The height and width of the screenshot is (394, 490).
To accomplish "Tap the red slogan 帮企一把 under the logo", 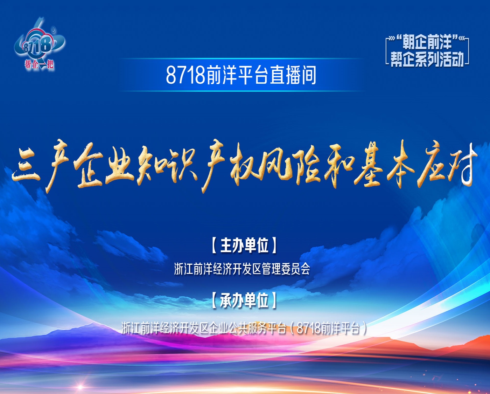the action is [39, 64].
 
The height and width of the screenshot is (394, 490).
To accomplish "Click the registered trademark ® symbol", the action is [53, 30].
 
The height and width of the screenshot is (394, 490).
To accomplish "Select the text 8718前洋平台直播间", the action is [241, 75].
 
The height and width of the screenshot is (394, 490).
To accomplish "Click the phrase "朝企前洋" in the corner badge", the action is [427, 43].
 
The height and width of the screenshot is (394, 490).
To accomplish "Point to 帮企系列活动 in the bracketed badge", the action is [427, 59].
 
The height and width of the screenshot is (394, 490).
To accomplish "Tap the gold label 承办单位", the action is [244, 300].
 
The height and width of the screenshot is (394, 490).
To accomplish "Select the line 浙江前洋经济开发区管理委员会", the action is [242, 269].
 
